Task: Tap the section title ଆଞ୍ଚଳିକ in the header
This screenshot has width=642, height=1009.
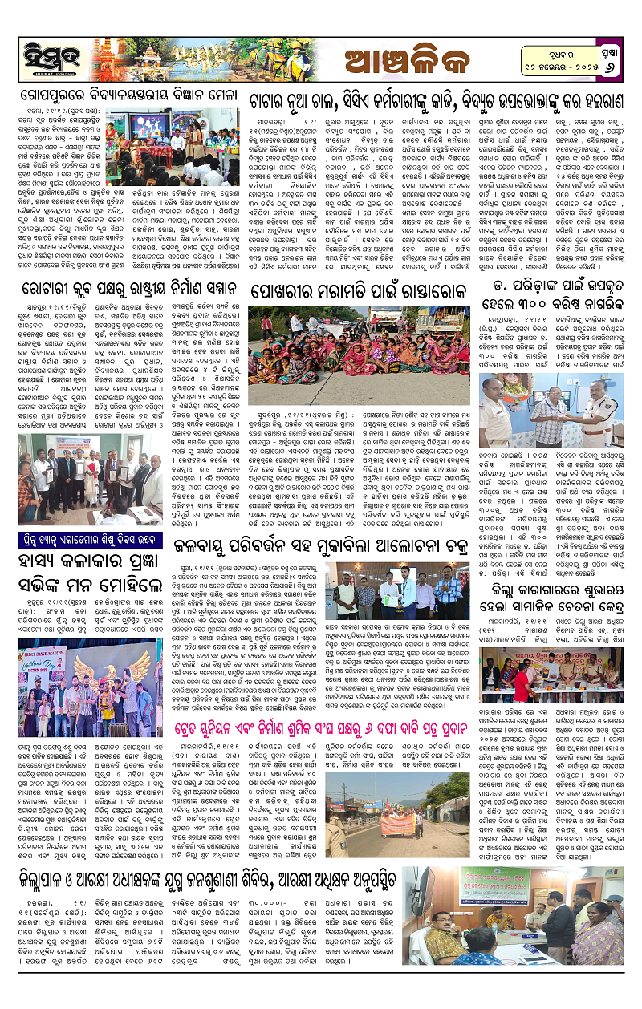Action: (x=402, y=57)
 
